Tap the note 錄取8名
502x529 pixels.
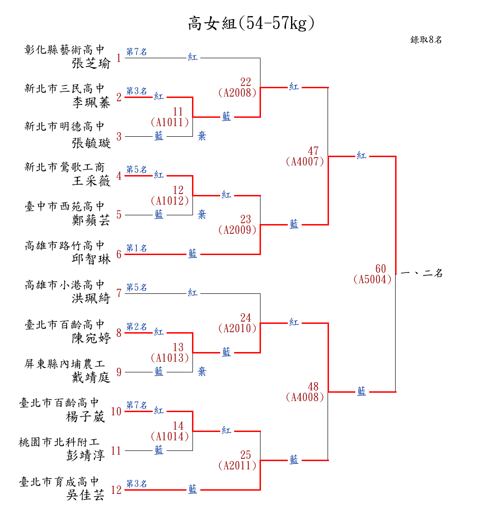pyautogui.click(x=426, y=40)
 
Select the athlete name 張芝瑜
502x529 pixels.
pyautogui.click(x=91, y=63)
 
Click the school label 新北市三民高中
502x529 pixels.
pyautogui.click(x=65, y=88)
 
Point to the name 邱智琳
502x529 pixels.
pyautogui.click(x=91, y=259)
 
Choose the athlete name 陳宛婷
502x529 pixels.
pyautogui.click(x=91, y=338)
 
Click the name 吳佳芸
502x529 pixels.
pyautogui.click(x=86, y=495)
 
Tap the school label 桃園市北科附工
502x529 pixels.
pyautogui.click(x=59, y=442)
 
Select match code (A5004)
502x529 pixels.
pyautogui.click(x=372, y=280)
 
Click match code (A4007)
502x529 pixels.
pyautogui.click(x=305, y=162)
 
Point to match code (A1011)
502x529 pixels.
pyautogui.click(x=170, y=122)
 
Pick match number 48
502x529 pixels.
pyautogui.click(x=313, y=387)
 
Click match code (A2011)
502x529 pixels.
pyautogui.click(x=237, y=466)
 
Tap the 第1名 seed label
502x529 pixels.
pyautogui.click(x=136, y=248)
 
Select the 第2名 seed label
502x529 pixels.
pyautogui.click(x=136, y=327)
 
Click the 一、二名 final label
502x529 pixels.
pyautogui.click(x=421, y=273)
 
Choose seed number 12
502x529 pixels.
pyautogui.click(x=116, y=490)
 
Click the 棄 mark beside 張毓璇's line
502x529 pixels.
pyautogui.click(x=202, y=136)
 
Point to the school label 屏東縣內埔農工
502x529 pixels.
pyautogui.click(x=65, y=364)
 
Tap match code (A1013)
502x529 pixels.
pyautogui.click(x=170, y=358)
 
